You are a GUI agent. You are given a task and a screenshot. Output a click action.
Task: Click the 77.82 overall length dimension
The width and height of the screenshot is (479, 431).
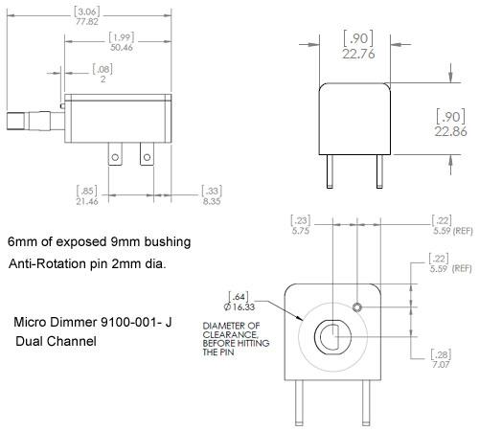[87, 22]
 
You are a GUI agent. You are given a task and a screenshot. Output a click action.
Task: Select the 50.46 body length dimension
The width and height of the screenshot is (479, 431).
[122, 47]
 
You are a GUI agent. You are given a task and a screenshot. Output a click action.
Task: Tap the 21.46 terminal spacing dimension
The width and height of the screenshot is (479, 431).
[87, 201]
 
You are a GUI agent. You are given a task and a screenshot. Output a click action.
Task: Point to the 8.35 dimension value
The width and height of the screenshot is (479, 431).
[212, 201]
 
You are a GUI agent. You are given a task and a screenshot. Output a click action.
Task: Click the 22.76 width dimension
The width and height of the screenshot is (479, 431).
[358, 54]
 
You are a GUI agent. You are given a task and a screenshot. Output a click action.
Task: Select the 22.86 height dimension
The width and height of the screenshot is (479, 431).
[450, 131]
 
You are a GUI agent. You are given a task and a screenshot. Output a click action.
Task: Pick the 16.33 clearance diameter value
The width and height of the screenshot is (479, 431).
[239, 307]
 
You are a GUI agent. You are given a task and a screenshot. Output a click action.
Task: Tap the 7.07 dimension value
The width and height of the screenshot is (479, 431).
[441, 364]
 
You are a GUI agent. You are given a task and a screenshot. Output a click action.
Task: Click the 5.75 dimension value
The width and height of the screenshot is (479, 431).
[301, 231]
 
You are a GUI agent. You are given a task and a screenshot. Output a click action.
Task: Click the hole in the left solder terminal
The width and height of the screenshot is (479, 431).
[115, 157]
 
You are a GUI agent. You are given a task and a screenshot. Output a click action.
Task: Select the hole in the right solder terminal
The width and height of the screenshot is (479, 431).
[147, 157]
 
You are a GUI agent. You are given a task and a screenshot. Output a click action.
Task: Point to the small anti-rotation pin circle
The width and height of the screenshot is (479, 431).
[357, 307]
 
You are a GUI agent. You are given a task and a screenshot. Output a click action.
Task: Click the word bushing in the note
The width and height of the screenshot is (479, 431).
[168, 242]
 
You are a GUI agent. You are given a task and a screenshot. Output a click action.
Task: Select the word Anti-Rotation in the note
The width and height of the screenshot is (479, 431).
[48, 264]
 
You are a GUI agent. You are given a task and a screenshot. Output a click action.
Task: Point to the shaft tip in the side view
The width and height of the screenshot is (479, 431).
[15, 121]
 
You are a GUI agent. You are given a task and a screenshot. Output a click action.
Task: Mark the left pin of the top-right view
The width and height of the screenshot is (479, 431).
[330, 171]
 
